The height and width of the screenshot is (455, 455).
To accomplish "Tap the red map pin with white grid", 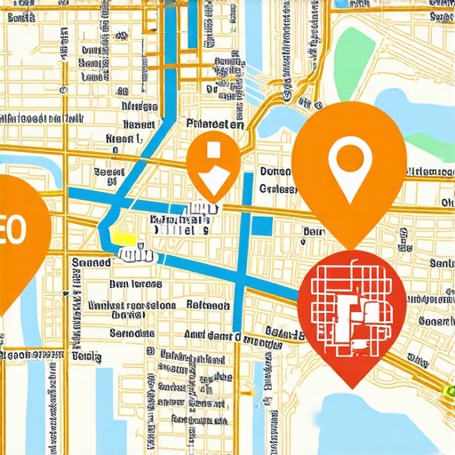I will point(353,311).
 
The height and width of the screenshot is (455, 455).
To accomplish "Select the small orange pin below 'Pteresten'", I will point(213,163).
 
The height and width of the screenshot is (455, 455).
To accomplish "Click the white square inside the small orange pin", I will point(211,151).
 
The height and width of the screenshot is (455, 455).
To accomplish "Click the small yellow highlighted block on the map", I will point(124,238).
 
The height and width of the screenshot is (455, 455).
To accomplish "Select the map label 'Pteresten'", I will point(213,125).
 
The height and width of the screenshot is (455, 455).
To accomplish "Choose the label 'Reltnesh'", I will point(212,305).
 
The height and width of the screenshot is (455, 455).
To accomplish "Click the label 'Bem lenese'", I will point(135,284).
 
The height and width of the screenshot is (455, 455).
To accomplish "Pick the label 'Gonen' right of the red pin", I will point(435,320).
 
